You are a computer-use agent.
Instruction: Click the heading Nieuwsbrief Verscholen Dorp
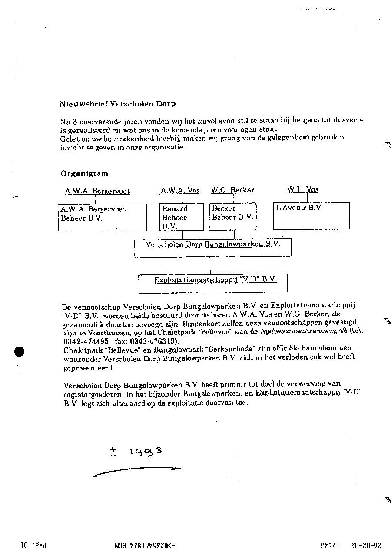(x=118, y=104)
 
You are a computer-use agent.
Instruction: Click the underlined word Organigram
(x=85, y=174)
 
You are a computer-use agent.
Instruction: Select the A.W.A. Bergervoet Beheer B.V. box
(x=103, y=217)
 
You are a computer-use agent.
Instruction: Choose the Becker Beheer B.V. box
(x=233, y=217)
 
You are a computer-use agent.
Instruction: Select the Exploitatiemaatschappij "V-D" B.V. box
(x=213, y=283)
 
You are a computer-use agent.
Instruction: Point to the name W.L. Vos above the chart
(x=302, y=189)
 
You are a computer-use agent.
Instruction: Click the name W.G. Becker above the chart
(x=232, y=190)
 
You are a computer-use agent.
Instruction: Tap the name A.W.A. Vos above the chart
(x=180, y=190)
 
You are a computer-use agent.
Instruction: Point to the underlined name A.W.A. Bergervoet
(x=97, y=191)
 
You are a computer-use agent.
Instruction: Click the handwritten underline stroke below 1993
(x=137, y=471)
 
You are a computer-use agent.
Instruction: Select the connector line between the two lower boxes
(x=210, y=265)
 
